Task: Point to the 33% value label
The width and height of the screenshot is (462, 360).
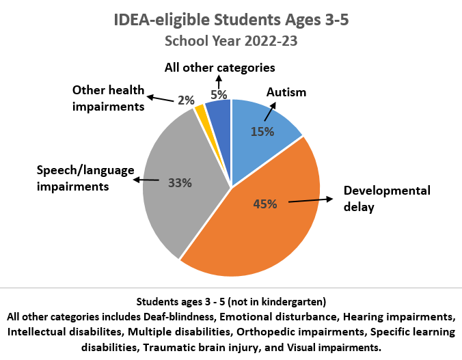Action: tap(180, 182)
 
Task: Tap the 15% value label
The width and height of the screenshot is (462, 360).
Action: tap(262, 131)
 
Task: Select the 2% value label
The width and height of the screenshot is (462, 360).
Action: tap(186, 100)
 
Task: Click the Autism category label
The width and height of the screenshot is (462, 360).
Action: tap(286, 92)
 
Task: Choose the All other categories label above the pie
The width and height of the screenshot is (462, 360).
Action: tap(219, 68)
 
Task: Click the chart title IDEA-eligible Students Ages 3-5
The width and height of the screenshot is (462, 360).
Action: tap(231, 20)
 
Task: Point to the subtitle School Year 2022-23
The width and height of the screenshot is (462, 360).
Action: tap(231, 40)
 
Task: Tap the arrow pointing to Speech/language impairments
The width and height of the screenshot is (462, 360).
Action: tap(146, 180)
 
